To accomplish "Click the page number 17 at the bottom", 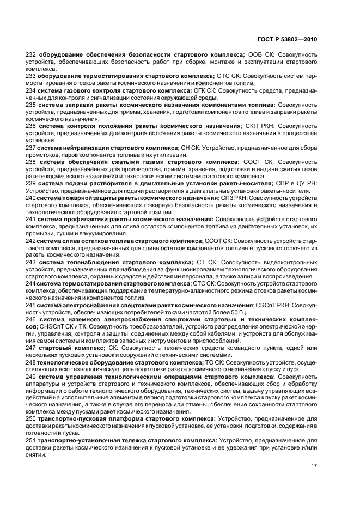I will [x=314, y=466].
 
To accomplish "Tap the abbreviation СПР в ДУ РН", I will [x=295, y=183].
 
